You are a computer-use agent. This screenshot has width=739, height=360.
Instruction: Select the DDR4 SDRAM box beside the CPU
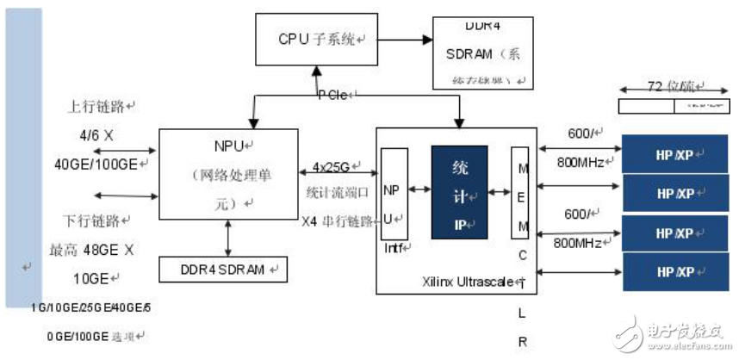pyautogui.click(x=482, y=52)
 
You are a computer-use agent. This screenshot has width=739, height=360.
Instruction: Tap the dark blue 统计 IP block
pyautogui.click(x=459, y=192)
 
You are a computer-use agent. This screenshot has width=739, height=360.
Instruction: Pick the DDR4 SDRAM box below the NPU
pyautogui.click(x=224, y=270)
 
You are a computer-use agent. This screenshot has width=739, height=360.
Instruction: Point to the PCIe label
pyautogui.click(x=332, y=94)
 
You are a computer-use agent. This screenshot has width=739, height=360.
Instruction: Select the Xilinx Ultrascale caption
pyautogui.click(x=473, y=282)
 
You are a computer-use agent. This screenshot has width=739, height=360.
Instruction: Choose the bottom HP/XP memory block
pyautogui.click(x=675, y=271)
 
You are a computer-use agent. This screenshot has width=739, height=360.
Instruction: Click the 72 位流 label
pyautogui.click(x=674, y=86)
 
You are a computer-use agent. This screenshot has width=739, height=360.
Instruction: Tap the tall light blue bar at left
pyautogui.click(x=23, y=159)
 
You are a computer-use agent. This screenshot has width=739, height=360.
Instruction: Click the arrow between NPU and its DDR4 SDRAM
pyautogui.click(x=228, y=237)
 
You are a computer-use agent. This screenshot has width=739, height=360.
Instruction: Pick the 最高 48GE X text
pyautogui.click(x=93, y=250)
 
